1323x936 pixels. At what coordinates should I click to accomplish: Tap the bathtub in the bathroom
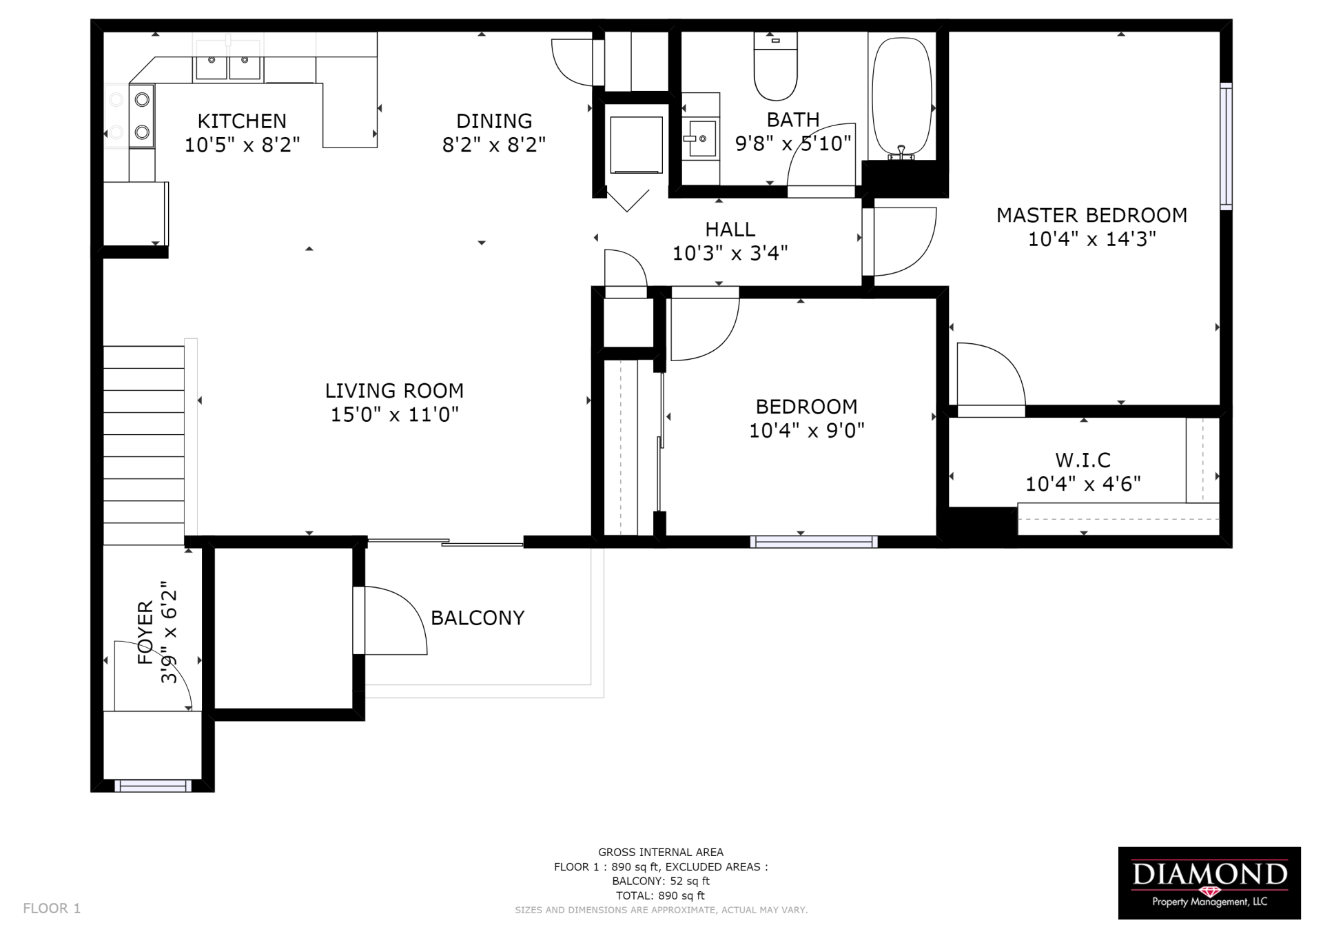[x=901, y=96]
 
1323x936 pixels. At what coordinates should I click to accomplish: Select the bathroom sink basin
[x=701, y=138]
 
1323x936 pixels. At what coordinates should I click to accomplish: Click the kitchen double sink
[x=228, y=66]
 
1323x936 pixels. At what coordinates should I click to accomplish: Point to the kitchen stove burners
[x=142, y=116]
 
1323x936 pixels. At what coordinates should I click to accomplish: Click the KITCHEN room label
[x=242, y=121]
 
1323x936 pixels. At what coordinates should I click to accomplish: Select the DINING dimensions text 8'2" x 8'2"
[x=494, y=145]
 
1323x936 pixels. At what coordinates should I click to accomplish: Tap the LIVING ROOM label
[x=394, y=391]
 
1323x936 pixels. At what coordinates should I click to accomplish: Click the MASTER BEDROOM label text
[x=1091, y=216]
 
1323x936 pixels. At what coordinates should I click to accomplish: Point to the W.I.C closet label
[x=1083, y=460]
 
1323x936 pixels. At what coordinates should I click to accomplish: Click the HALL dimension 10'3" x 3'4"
[x=730, y=254]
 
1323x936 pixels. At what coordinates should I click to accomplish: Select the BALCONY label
[x=478, y=618]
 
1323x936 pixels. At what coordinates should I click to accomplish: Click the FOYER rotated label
[x=145, y=632]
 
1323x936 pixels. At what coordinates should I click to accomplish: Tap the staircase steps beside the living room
[x=143, y=445]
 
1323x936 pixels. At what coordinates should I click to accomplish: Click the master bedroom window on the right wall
[x=1226, y=145]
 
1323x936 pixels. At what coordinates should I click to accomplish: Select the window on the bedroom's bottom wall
[x=814, y=542]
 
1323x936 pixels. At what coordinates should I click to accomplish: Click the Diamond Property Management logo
[x=1209, y=882]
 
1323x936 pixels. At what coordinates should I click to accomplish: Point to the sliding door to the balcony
[x=445, y=542]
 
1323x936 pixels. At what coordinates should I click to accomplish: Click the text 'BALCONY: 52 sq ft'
[x=660, y=881]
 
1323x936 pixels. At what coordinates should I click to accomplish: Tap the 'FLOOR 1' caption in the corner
[x=52, y=908]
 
